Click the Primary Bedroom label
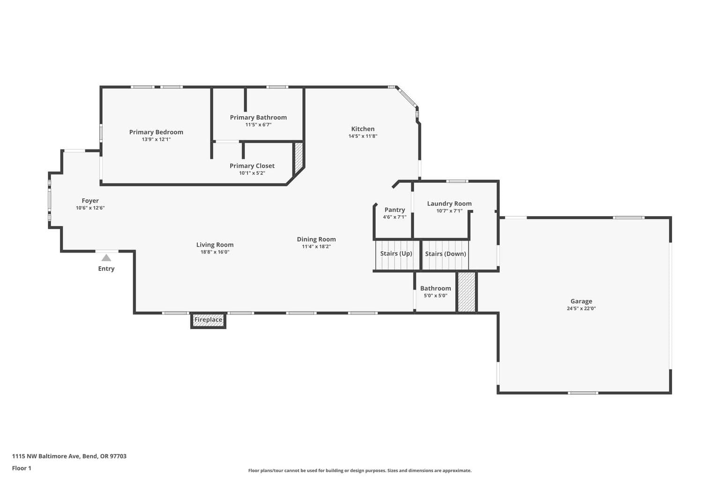(x=156, y=132)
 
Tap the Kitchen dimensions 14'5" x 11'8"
(x=363, y=136)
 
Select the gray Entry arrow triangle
(x=106, y=258)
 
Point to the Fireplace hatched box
(x=208, y=320)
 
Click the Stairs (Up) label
(x=396, y=254)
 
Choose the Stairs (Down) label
(x=445, y=254)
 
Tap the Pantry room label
(x=395, y=210)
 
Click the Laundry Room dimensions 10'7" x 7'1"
(x=450, y=211)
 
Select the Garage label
(x=581, y=301)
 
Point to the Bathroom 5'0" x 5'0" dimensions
(x=435, y=296)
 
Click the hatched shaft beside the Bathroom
(x=466, y=292)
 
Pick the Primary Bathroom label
(x=258, y=117)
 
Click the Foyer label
(x=90, y=201)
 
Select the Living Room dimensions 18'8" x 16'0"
(x=215, y=252)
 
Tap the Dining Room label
(x=316, y=239)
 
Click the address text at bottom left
(x=69, y=456)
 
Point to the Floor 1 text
(x=22, y=468)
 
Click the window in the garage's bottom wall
(x=583, y=393)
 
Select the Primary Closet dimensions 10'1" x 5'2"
(x=252, y=173)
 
